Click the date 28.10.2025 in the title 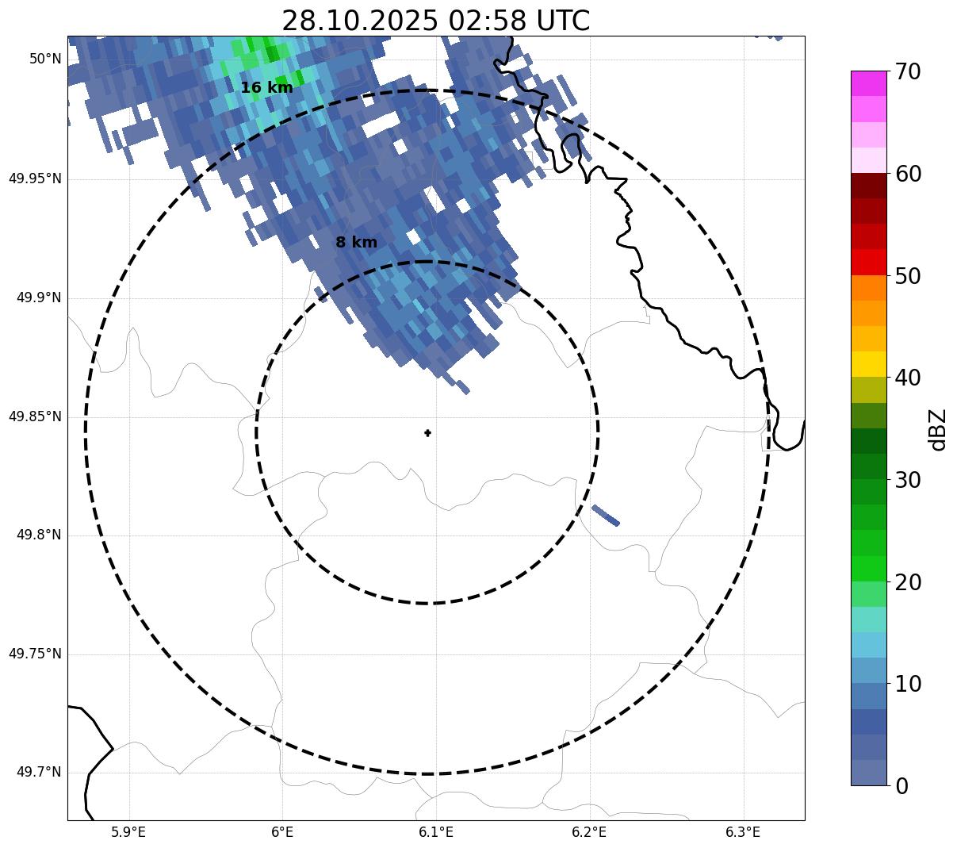coord(359,21)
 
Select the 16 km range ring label coord(266,88)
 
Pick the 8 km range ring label coord(356,243)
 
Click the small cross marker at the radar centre coord(428,433)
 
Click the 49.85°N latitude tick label coord(35,416)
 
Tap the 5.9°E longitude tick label coord(128,832)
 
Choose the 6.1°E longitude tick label coord(436,832)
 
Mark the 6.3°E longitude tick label coord(743,832)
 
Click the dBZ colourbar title coord(939,429)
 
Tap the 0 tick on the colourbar coord(902,786)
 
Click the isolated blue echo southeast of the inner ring coord(606,516)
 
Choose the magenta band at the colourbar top coord(868,83)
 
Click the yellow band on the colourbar coord(868,364)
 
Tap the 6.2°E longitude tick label coord(589,832)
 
